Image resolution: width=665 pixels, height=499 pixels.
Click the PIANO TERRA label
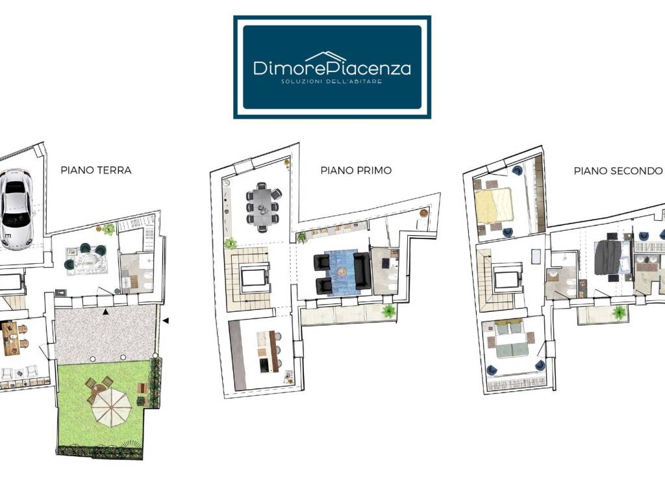(x=96, y=170)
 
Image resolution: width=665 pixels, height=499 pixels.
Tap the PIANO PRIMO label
(x=356, y=171)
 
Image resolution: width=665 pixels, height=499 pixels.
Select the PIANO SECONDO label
(x=618, y=171)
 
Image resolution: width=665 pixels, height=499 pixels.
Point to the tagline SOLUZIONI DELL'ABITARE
(x=332, y=81)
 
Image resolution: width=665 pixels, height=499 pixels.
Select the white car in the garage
(x=16, y=209)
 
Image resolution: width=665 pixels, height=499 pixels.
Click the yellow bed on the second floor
(x=494, y=206)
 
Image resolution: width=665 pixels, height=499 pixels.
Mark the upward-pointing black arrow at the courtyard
(x=105, y=312)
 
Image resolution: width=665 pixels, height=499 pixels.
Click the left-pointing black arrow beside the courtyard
(x=166, y=320)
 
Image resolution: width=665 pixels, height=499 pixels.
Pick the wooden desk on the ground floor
(x=10, y=338)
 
